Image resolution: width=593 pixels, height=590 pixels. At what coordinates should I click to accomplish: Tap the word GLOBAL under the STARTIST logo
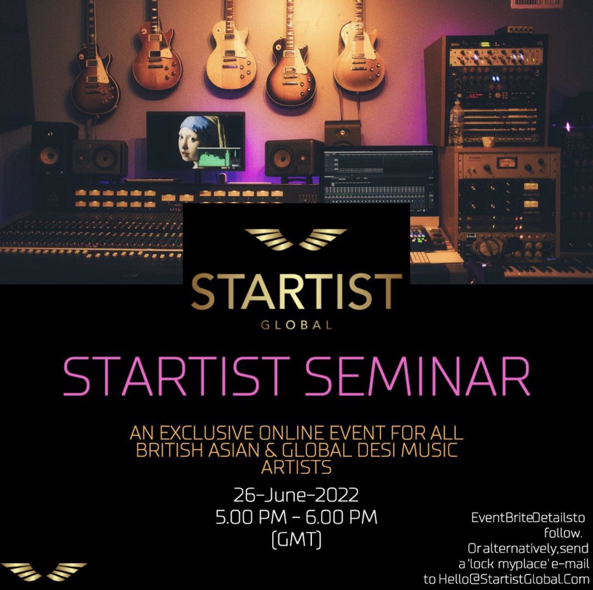tap(296, 325)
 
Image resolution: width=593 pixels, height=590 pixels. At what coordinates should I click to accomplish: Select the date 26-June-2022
tap(296, 495)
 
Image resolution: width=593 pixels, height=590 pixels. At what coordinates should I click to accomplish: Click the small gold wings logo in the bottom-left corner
tap(47, 571)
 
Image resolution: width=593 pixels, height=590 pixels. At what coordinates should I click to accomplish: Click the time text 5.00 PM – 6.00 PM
tap(296, 517)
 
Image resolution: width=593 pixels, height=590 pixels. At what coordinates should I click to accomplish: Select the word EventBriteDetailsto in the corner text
tap(528, 517)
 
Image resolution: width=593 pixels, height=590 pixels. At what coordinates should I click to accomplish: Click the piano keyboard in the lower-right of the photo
tap(544, 269)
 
